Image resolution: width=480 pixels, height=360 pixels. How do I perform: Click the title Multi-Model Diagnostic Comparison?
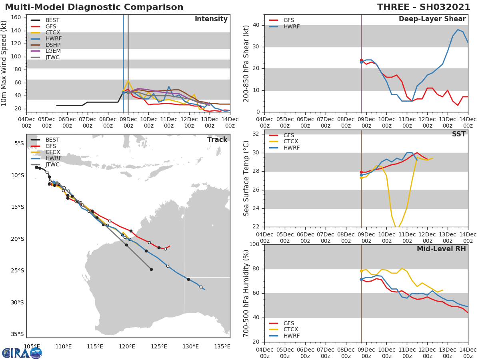point(94,7)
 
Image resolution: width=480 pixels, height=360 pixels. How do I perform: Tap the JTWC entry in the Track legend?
point(52,165)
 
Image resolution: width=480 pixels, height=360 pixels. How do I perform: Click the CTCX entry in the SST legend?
point(291,142)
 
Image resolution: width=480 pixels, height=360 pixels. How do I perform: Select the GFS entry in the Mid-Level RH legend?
point(291,323)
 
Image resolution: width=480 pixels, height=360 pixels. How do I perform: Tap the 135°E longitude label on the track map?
point(222,346)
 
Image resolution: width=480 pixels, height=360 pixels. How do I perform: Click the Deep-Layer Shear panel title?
point(432,19)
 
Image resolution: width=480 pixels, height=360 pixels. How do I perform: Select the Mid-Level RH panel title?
point(441,249)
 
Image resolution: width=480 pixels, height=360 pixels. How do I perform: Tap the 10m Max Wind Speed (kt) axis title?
point(4,63)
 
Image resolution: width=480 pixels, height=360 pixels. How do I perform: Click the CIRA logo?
point(22,353)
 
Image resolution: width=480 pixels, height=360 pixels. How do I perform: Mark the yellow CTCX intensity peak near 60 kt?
point(128,80)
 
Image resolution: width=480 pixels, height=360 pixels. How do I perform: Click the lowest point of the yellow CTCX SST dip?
point(397,228)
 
